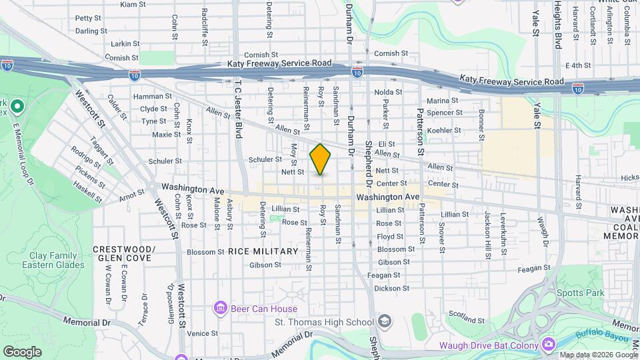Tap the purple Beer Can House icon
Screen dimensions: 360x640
tap(220, 308)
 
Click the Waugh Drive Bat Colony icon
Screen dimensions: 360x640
tap(548, 345)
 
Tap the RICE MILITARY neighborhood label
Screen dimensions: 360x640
tap(263, 251)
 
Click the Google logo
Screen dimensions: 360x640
tap(22, 351)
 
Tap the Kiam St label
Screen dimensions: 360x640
tap(133, 4)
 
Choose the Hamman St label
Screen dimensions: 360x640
tap(148, 97)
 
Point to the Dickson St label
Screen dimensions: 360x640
tap(391, 289)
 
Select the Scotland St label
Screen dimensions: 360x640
tap(465, 313)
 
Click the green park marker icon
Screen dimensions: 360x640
tap(17, 107)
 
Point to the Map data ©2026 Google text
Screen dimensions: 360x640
tap(599, 355)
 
